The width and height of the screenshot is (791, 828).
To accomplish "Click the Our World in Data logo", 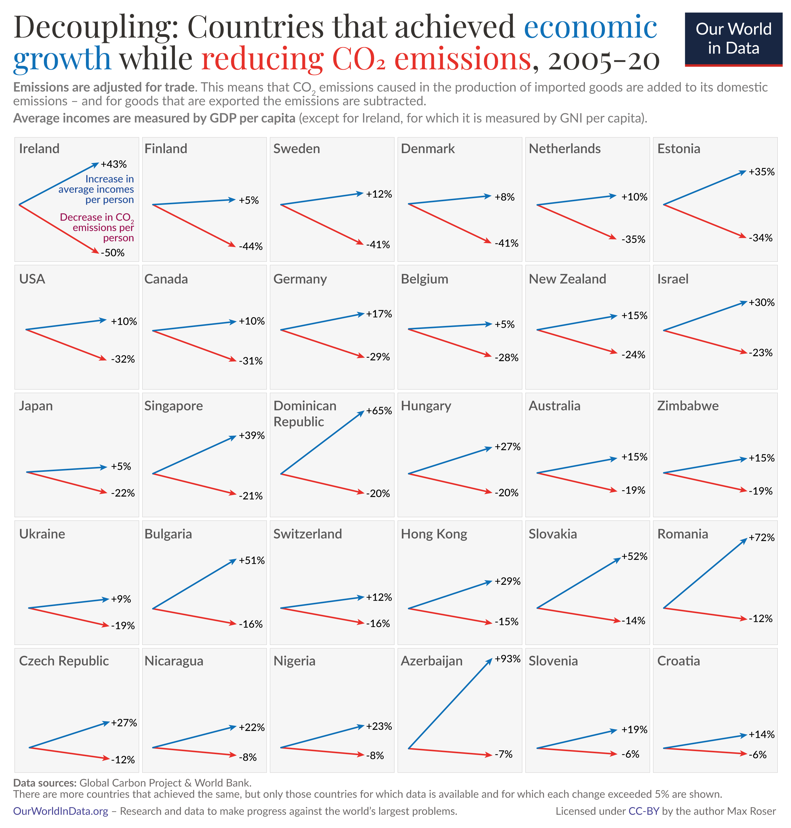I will pos(733,39).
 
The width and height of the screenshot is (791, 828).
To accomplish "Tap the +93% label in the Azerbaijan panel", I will pos(507,659).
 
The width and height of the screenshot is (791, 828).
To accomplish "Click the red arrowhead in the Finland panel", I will pos(232,245).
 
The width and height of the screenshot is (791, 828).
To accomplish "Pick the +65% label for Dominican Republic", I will pos(379,411).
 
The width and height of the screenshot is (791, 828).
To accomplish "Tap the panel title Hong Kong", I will pos(434,534).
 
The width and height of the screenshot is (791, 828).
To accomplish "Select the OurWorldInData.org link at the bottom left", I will pos(60,811).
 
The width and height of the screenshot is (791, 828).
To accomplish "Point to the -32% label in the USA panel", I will pos(123,359).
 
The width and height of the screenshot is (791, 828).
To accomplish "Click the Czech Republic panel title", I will pos(64,661).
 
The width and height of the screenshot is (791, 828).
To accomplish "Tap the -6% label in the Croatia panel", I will pos(757,755).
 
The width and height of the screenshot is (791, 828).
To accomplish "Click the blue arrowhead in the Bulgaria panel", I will pos(233,561).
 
